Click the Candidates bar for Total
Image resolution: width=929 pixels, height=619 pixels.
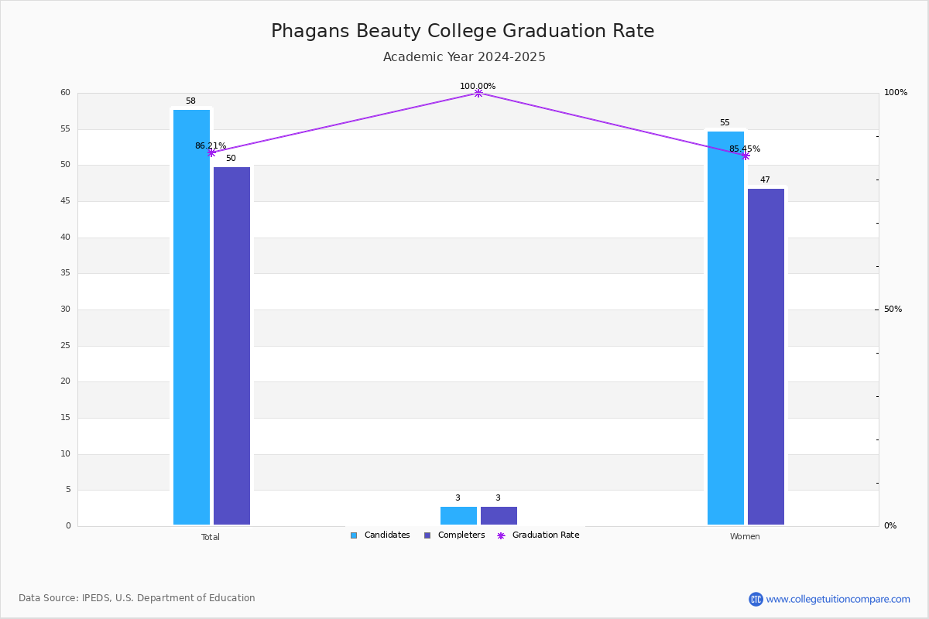click(192, 317)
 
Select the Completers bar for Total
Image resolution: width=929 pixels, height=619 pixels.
click(231, 346)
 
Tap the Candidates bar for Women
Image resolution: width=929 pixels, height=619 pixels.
click(726, 328)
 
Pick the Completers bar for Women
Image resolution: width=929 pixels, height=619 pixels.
click(766, 357)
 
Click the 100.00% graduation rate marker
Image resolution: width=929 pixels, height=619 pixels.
click(478, 94)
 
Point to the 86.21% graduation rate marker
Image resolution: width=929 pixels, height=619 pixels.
click(211, 153)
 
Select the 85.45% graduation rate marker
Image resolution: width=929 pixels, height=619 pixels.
click(746, 156)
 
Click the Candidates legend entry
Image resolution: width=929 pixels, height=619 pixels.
click(380, 535)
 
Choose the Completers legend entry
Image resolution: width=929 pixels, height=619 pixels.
click(454, 535)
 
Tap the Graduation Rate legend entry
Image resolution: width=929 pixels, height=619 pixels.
click(538, 535)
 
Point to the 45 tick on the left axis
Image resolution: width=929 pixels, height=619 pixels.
click(66, 201)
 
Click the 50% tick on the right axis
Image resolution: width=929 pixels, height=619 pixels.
click(893, 309)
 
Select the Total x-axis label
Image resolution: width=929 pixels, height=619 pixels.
click(211, 537)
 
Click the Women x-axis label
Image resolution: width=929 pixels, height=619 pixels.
click(745, 536)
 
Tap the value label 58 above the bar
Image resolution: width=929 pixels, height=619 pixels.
click(190, 101)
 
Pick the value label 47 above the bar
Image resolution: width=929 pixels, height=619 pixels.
click(765, 180)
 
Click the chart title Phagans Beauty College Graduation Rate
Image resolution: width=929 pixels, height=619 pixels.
click(462, 31)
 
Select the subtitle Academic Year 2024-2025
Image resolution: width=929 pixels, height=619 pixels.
click(464, 56)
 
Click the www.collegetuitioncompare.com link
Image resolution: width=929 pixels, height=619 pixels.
click(838, 600)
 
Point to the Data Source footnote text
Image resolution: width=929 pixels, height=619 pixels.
click(137, 598)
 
